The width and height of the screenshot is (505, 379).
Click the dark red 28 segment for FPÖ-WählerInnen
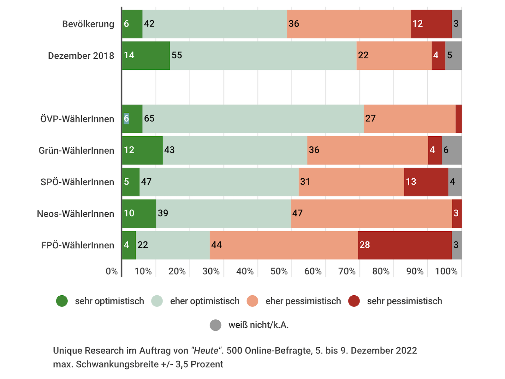click(405, 245)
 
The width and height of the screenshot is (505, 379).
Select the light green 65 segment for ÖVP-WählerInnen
click(252, 119)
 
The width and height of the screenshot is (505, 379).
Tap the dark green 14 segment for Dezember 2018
click(146, 56)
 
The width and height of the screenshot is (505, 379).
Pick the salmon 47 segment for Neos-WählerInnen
click(371, 214)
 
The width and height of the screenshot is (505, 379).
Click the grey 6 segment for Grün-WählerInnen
click(452, 151)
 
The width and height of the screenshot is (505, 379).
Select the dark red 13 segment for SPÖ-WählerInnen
click(426, 182)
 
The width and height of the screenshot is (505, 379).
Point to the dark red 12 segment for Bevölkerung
click(431, 24)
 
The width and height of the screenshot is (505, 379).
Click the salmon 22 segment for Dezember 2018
click(394, 56)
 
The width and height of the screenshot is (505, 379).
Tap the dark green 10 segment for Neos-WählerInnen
click(139, 214)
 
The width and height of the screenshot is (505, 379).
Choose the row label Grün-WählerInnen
click(76, 151)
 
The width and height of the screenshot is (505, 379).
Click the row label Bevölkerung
click(88, 24)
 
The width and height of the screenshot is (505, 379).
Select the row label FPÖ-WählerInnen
click(78, 245)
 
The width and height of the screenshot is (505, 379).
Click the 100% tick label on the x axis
click(446, 271)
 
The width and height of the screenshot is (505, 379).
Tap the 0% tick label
click(112, 271)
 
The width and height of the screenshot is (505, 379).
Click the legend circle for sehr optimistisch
click(62, 301)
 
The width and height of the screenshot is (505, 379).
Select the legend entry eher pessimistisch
click(303, 301)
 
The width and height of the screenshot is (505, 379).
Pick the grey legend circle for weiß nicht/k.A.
click(216, 325)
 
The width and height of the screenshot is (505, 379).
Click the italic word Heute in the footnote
click(206, 351)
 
